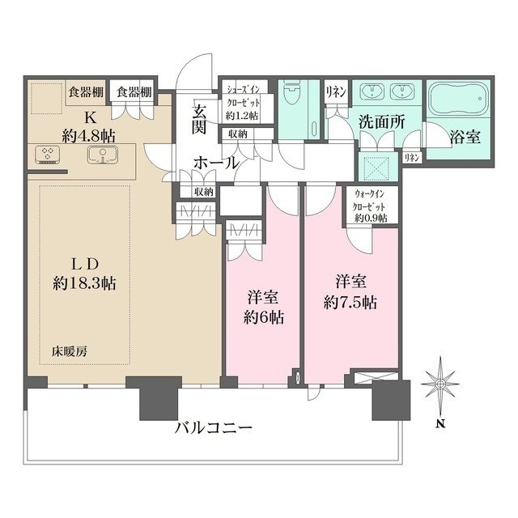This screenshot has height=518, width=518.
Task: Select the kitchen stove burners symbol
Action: (47, 154)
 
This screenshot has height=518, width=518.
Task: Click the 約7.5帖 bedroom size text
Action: (350, 304)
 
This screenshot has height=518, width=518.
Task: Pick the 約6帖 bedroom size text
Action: (264, 317)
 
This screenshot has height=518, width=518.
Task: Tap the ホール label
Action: (216, 163)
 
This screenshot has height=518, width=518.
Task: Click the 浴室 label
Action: (465, 137)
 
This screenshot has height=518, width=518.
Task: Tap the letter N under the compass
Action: (438, 422)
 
